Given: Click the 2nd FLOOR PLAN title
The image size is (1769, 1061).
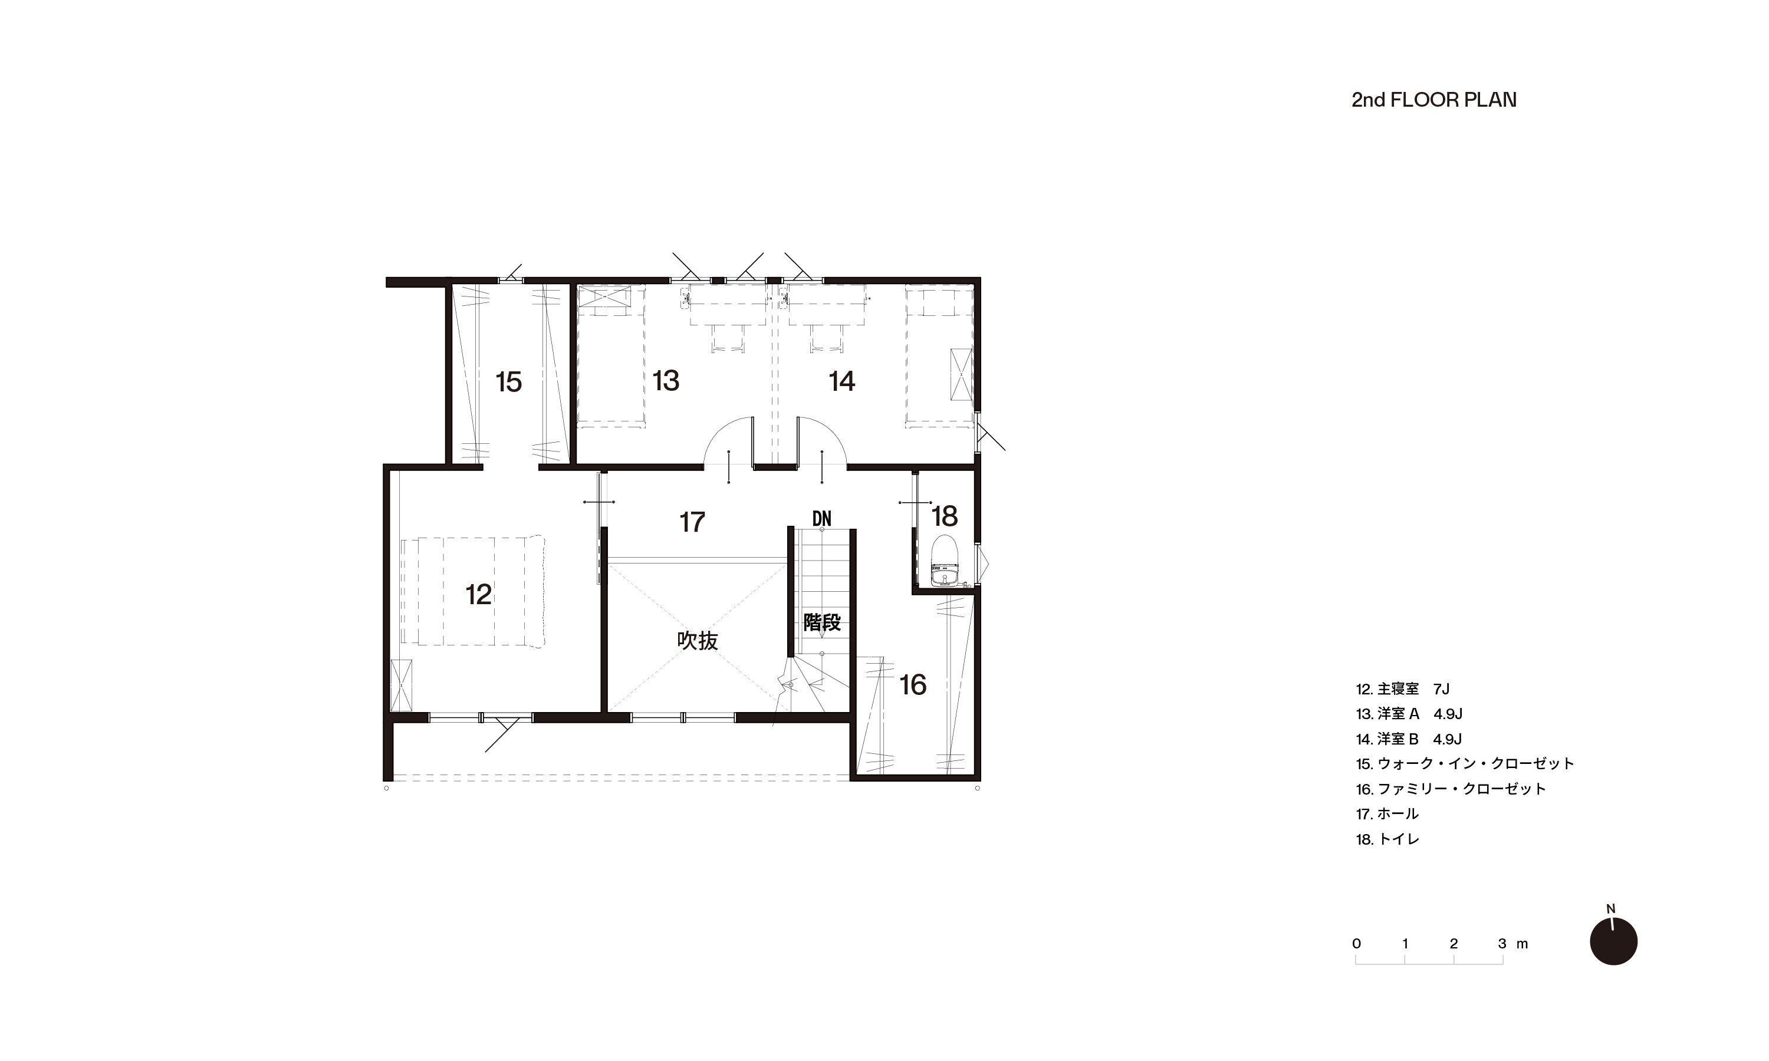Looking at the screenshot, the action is tap(1433, 100).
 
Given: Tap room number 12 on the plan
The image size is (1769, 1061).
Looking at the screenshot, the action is tap(478, 594).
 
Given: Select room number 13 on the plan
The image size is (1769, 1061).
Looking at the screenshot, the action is tap(666, 381).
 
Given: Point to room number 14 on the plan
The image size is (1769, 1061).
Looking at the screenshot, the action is tap(841, 381).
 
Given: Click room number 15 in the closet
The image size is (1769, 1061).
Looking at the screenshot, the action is tap(508, 382).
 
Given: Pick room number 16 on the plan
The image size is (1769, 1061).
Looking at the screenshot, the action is tap(913, 685).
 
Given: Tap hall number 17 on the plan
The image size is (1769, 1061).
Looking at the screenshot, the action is tap(692, 522).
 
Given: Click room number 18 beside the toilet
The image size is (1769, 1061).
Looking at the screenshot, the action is tap(945, 516).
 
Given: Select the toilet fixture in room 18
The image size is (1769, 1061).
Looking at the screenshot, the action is tap(945, 561).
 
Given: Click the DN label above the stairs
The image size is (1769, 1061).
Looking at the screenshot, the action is tap(821, 518).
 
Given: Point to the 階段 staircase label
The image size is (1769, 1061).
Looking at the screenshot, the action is tap(821, 622).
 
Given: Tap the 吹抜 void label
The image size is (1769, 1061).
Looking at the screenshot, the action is tap(697, 641).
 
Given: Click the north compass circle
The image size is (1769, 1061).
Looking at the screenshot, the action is tap(1614, 941).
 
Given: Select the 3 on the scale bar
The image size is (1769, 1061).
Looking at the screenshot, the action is tap(1502, 944).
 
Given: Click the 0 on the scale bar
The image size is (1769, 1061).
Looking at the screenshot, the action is tap(1356, 944).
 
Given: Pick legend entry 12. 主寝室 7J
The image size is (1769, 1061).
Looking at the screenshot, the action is tap(1402, 689).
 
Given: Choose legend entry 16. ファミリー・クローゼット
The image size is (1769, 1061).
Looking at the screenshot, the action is tap(1451, 789).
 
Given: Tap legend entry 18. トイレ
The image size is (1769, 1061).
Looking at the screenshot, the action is tap(1387, 839).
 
